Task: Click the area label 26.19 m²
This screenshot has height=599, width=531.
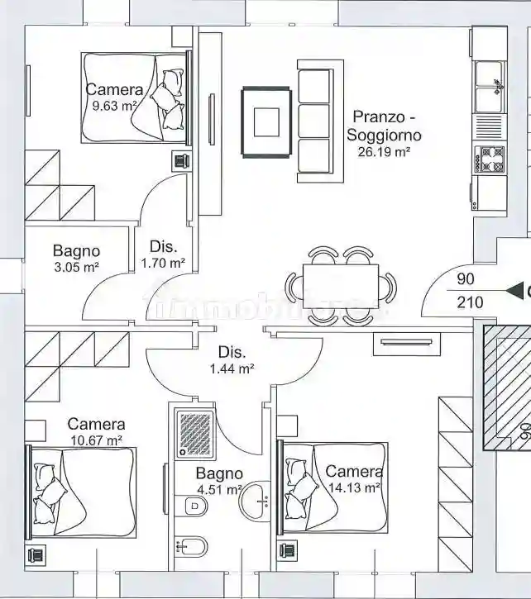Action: point(384,152)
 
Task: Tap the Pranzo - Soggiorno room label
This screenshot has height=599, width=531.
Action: point(384,126)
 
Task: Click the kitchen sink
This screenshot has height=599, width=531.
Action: point(489,86)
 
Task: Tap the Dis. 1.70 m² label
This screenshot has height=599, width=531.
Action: point(163,254)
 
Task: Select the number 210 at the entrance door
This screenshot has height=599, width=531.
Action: point(470,302)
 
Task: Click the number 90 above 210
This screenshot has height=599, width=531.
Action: point(466,279)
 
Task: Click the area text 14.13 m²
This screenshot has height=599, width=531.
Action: point(354,487)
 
